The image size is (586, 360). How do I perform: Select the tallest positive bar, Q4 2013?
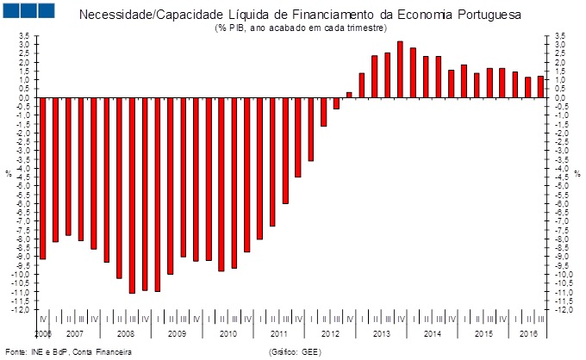[x=400, y=69]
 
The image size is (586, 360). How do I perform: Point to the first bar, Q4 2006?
[x=43, y=178]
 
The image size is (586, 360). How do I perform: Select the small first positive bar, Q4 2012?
[x=349, y=95]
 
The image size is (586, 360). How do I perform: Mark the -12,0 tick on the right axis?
[x=561, y=310]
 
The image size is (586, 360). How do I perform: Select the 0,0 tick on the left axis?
[x=25, y=98]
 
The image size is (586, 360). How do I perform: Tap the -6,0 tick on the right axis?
[x=561, y=204]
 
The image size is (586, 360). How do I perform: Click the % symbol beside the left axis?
[x=9, y=174]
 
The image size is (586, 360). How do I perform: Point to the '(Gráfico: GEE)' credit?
[x=295, y=351]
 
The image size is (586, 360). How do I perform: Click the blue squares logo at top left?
[x=29, y=10]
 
